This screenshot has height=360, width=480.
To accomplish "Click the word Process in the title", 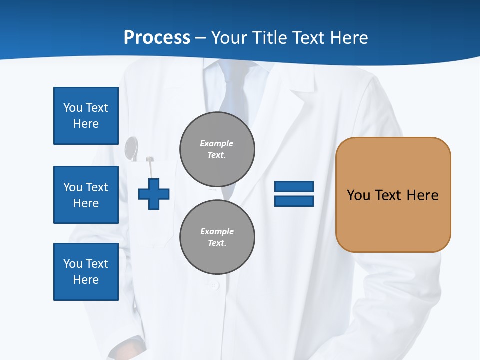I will pos(157,38).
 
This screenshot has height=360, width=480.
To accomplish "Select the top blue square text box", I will pos(86,116).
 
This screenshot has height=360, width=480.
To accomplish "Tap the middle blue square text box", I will pos(86,195).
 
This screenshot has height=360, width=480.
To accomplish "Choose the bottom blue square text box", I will pos(86,272).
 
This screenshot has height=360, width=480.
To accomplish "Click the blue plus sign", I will pos(154,193).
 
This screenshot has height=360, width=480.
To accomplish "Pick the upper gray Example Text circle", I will pos(217,149).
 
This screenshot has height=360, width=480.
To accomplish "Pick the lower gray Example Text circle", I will pos(217,237).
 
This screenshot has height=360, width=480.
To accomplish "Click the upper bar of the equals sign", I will pos(294,186).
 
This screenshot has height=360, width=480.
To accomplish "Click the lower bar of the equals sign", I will pos(294,201).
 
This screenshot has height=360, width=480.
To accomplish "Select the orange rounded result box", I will pos(393,195).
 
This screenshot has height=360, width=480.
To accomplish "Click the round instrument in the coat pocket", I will pos(131,148).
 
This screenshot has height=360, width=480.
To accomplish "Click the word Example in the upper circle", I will pos(217,143).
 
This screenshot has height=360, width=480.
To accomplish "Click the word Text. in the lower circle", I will pos(217,243).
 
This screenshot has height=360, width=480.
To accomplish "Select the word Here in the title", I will pos(349,38).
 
